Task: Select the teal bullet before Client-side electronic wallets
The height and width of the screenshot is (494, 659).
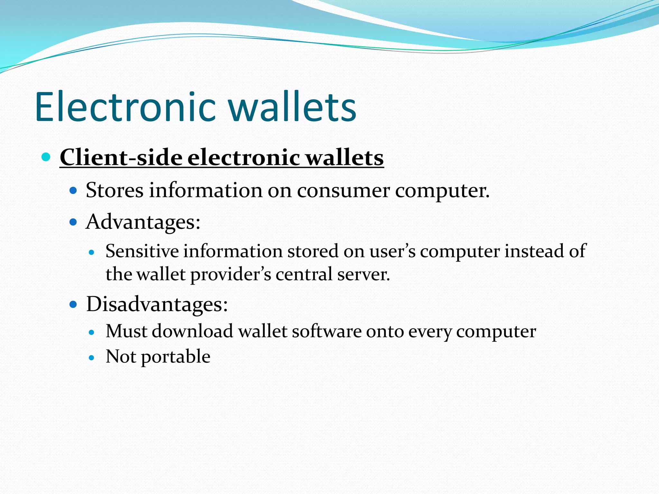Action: [46, 157]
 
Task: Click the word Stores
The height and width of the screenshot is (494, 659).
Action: [115, 190]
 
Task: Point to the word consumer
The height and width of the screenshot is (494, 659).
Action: [343, 191]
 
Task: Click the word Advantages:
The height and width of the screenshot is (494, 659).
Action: [143, 222]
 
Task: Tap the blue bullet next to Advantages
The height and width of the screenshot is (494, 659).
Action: [74, 222]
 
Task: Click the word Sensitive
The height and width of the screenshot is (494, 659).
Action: [142, 251]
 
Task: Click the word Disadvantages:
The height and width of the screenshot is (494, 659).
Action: [157, 304]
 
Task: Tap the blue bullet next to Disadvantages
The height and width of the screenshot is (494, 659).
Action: [74, 304]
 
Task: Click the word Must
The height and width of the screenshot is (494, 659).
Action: [126, 331]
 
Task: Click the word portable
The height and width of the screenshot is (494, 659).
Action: [176, 357]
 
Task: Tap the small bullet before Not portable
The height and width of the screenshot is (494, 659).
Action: [92, 357]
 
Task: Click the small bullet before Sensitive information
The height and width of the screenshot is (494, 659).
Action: [92, 252]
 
